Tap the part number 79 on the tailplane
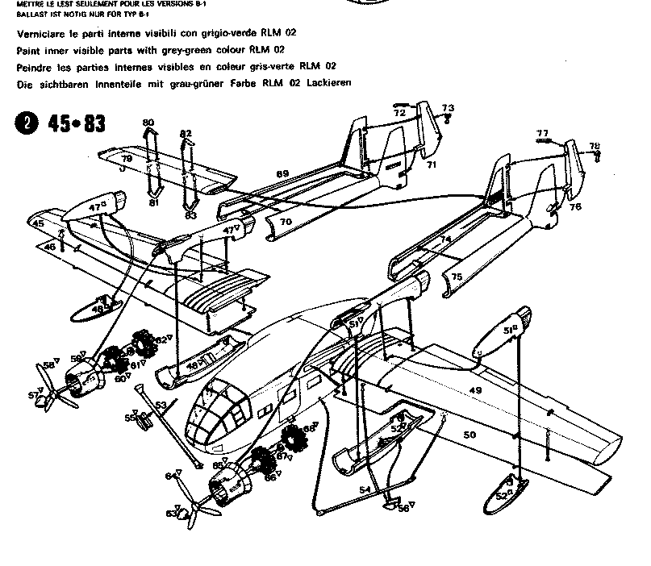tap(127, 160)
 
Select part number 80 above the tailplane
tap(148, 123)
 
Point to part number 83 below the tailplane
tap(190, 215)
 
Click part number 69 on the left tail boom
tap(282, 174)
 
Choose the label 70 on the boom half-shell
tap(286, 221)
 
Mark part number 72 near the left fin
tap(399, 114)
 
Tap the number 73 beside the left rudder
tap(448, 108)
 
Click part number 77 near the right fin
tap(542, 133)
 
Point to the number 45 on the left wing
tap(38, 223)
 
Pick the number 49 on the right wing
tap(475, 391)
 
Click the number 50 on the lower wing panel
tap(469, 435)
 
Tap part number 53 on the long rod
tap(161, 404)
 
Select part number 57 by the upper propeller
tap(33, 395)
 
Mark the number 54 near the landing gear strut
tap(365, 489)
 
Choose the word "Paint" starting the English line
tap(28, 50)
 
